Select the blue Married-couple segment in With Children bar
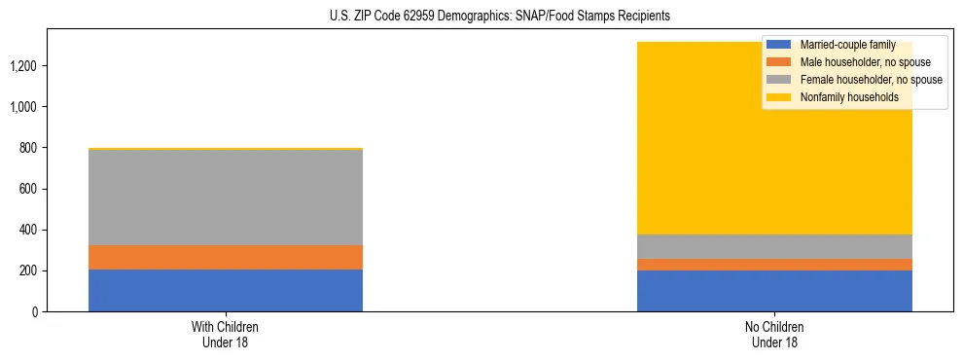[226, 290]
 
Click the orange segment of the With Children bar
[226, 257]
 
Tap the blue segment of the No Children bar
[774, 291]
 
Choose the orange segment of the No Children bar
[774, 265]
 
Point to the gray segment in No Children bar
[774, 246]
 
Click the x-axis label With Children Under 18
[226, 334]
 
